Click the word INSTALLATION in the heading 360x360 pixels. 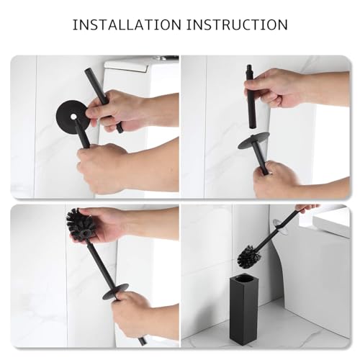(x=127, y=24)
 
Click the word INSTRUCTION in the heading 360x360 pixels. (x=237, y=24)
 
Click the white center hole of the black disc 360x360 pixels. (x=73, y=117)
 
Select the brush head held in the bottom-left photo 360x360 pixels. (x=80, y=225)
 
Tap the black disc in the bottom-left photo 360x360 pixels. (x=115, y=292)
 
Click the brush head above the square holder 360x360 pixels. (x=249, y=255)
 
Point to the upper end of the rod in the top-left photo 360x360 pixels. (x=87, y=71)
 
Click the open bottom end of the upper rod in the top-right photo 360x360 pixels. (x=253, y=126)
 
